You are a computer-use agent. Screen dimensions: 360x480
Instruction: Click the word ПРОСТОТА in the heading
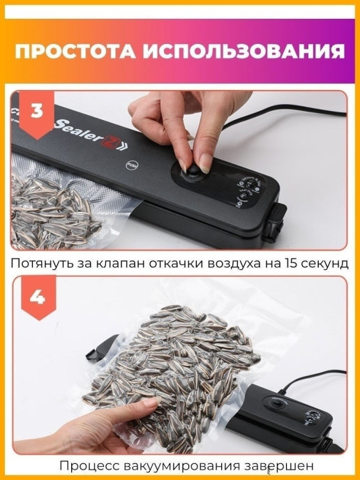[75, 51]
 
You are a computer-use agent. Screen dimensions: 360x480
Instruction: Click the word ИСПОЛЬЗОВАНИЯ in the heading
[244, 51]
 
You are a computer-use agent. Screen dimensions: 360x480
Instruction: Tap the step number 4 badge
[38, 297]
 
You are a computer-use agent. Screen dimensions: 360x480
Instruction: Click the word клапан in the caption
[121, 263]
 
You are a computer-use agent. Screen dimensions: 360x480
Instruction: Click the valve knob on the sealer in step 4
[278, 405]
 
